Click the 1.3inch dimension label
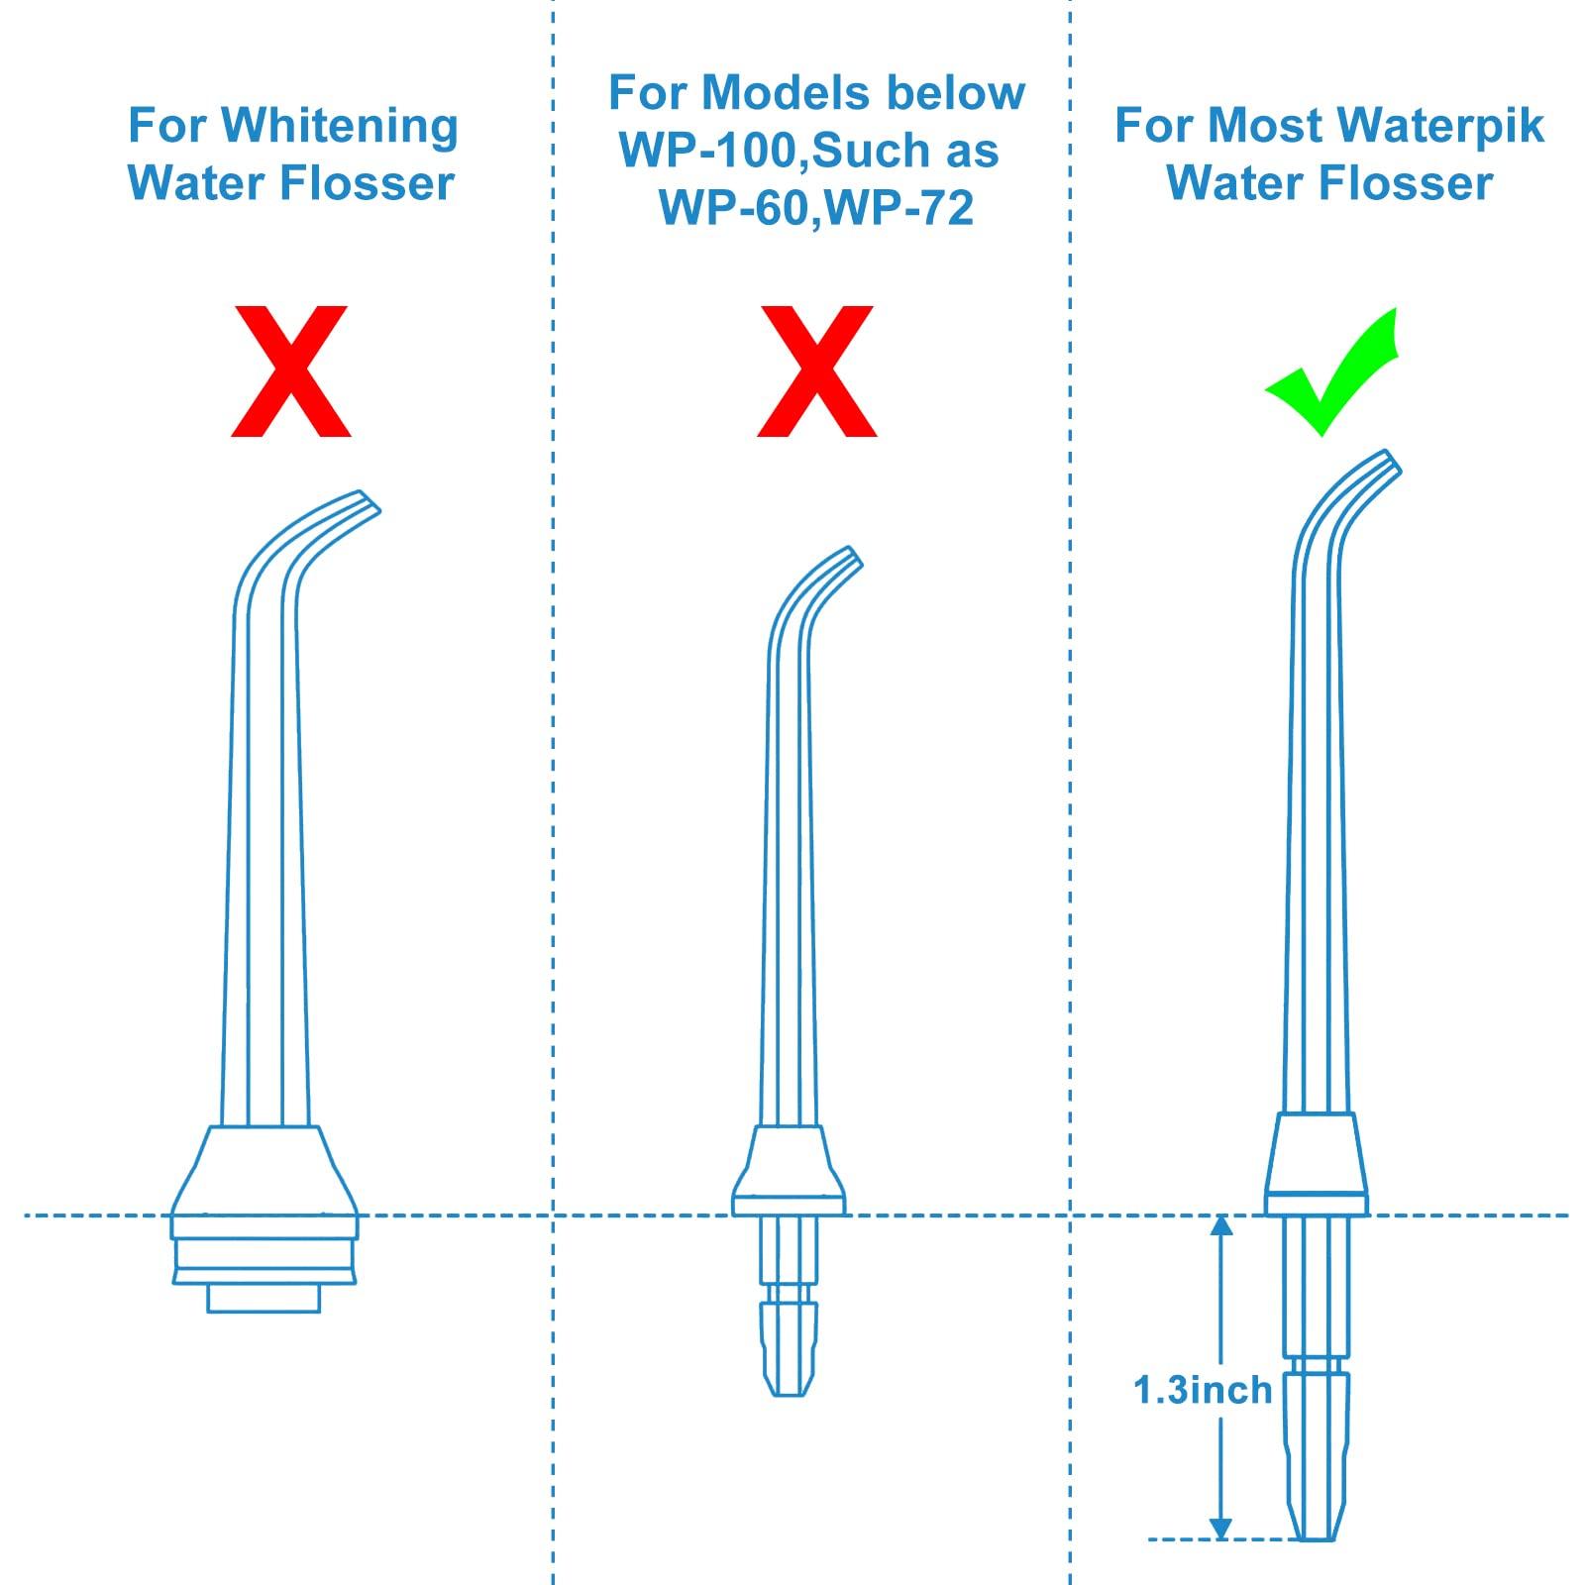point(1202,1390)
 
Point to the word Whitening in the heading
point(340,127)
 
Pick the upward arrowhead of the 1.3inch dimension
point(1221,1225)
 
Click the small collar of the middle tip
point(789,1169)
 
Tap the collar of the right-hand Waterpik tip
point(1316,1161)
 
